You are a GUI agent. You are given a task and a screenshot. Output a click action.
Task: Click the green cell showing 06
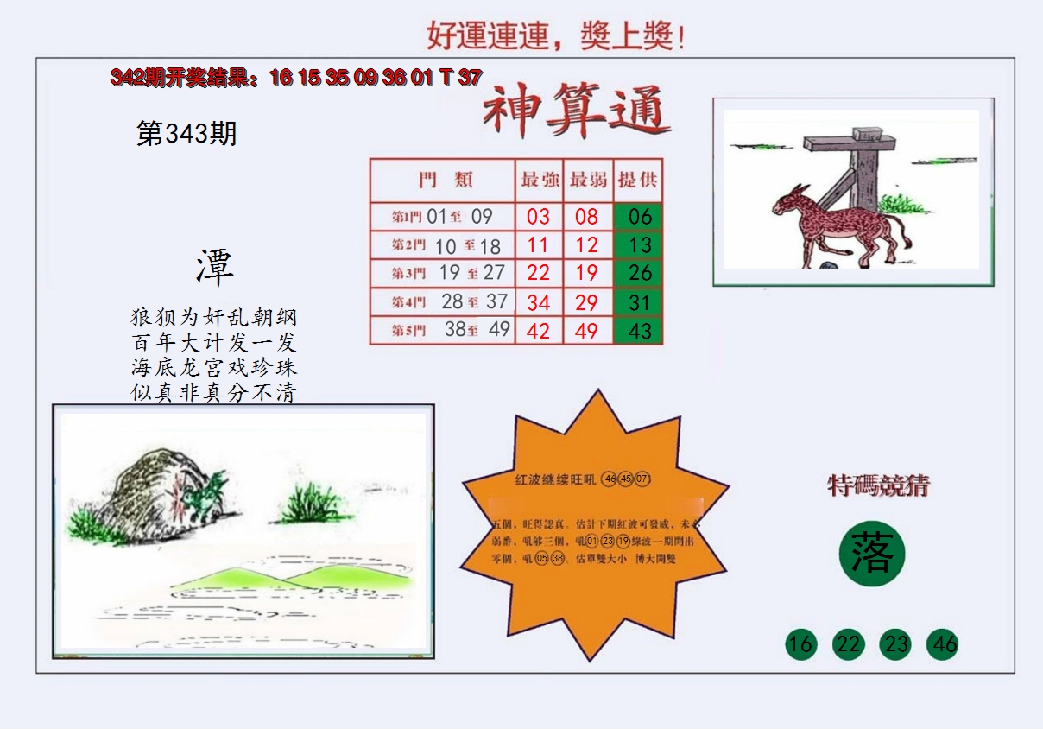pos(639,216)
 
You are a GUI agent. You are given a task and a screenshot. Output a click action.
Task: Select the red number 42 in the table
pos(538,331)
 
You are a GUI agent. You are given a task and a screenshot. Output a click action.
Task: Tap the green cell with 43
pos(639,331)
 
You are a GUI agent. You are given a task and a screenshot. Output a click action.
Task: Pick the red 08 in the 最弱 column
pos(587,216)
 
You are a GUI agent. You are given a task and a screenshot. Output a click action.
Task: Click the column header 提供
pos(639,180)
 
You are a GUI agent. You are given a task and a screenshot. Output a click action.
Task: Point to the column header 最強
pos(539,180)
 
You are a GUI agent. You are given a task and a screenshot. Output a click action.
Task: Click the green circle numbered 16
pos(800,644)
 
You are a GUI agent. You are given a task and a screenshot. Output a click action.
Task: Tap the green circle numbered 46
pos(943,644)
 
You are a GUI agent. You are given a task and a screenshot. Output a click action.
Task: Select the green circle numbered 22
pos(848,644)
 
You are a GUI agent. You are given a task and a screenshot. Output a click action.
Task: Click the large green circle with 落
pos(871,554)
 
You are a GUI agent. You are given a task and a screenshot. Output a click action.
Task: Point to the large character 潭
pos(214,268)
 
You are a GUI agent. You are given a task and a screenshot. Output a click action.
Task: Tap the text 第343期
pos(186,134)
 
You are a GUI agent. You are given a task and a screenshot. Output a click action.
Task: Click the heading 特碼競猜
pos(878,485)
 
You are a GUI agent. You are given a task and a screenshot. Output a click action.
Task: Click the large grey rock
pos(147,492)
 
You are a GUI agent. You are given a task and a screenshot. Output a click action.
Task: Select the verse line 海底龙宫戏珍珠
pos(213,367)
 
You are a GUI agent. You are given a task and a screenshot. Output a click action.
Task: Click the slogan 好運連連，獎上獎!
pos(556,35)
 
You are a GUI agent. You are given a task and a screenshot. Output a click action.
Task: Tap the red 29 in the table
pos(587,302)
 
